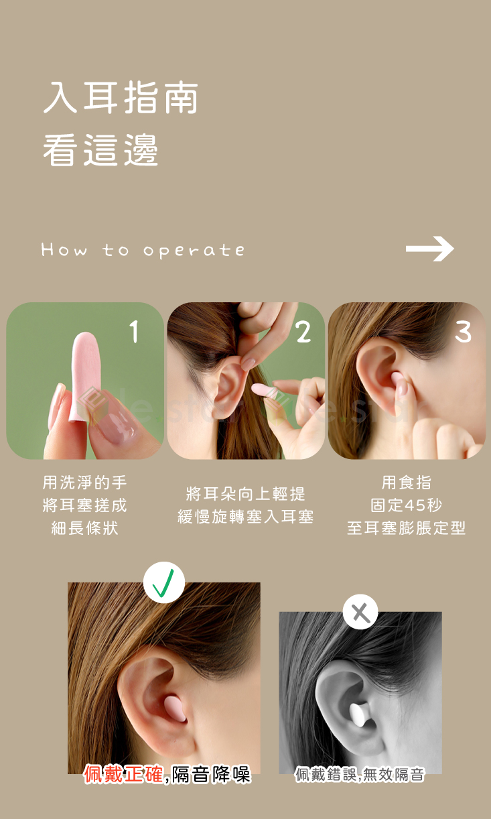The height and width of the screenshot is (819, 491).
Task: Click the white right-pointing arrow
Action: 429,249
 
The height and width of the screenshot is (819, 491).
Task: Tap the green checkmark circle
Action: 163,582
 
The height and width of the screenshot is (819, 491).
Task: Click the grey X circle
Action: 360,612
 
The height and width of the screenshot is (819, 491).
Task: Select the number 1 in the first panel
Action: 134,332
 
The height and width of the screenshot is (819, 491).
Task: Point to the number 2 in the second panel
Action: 303,332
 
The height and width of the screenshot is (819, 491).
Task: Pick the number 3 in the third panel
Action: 463,332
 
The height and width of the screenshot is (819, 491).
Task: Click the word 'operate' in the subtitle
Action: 194,251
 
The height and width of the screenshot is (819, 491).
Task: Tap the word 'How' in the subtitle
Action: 64,249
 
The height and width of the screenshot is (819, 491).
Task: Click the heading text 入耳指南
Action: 121,98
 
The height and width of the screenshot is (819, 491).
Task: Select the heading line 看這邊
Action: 100,150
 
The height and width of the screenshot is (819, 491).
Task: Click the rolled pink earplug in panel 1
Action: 86,377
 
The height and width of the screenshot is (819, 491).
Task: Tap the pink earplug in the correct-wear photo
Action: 176,708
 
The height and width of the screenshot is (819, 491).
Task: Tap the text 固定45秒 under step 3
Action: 406,505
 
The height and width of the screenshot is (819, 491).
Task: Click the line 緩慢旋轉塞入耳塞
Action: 245,517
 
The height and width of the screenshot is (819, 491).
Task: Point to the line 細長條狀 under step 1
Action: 85,528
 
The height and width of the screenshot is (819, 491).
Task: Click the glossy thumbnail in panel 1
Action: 116,421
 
